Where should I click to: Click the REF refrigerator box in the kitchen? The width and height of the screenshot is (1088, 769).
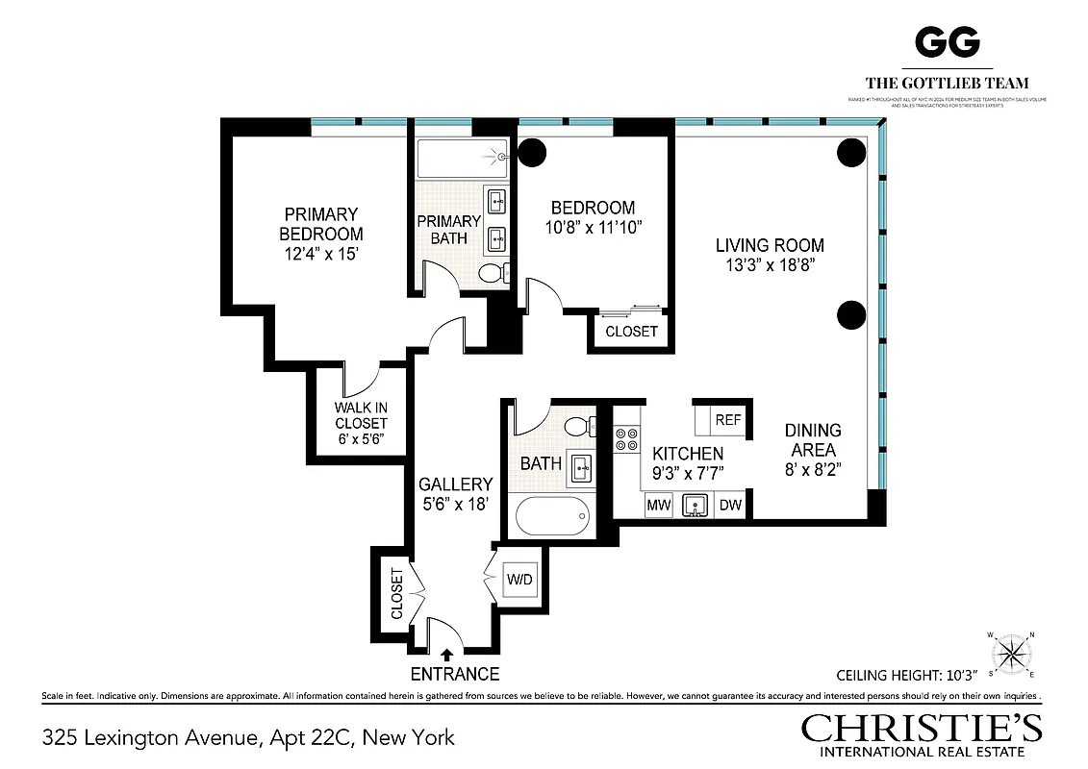tap(727, 419)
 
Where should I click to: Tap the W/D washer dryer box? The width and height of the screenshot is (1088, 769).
tap(519, 580)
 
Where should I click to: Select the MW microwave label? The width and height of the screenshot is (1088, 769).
tap(658, 505)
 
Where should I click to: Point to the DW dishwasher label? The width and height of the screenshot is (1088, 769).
tap(731, 505)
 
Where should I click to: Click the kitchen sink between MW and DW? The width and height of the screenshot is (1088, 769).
tap(694, 505)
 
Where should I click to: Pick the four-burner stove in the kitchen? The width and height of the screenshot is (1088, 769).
tap(626, 439)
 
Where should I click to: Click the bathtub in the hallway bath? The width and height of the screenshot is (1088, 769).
tap(551, 520)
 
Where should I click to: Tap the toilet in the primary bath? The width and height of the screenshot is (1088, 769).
tap(493, 274)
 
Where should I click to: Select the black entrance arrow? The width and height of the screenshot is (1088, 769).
tap(446, 656)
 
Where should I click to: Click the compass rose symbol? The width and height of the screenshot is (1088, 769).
tap(1010, 655)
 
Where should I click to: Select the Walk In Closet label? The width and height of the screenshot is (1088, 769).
tap(361, 414)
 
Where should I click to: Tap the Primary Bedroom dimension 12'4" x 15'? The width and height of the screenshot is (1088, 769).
tap(321, 253)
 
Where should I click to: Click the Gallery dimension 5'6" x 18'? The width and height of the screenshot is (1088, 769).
tap(455, 503)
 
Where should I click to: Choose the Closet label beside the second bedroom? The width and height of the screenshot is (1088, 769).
tap(631, 332)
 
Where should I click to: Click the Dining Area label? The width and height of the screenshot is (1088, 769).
tap(812, 439)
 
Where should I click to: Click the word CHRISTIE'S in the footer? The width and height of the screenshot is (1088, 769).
tap(922, 728)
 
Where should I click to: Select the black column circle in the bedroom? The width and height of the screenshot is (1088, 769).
tap(532, 151)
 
